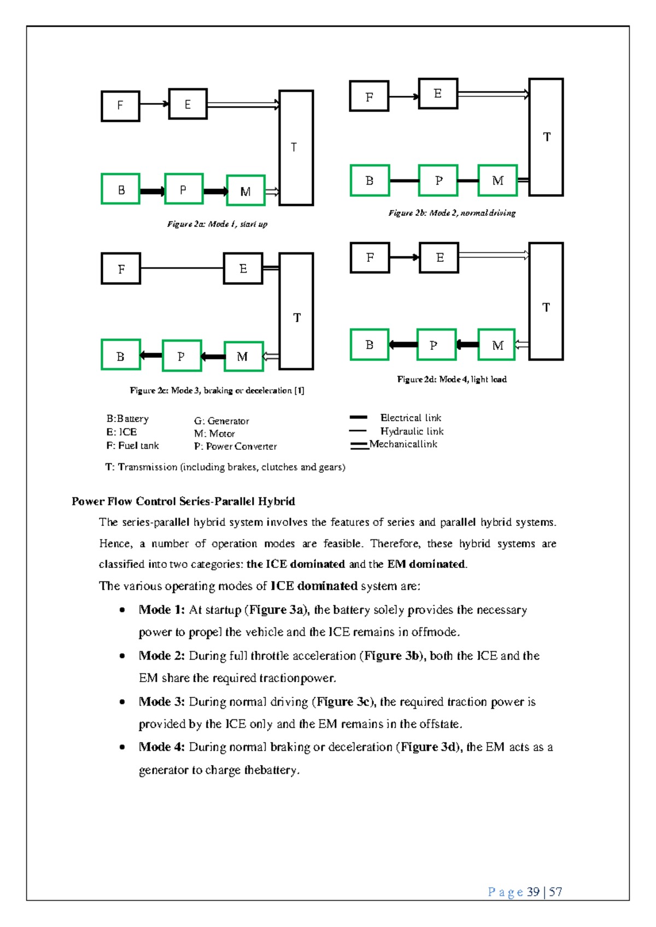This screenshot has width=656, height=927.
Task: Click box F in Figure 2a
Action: (x=120, y=105)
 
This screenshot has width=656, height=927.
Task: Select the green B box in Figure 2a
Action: (x=121, y=189)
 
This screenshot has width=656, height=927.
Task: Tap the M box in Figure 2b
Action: (x=497, y=180)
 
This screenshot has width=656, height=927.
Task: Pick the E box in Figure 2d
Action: (x=439, y=257)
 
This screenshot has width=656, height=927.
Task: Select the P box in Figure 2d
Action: (x=436, y=345)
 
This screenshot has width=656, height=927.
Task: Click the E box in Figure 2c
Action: (x=243, y=268)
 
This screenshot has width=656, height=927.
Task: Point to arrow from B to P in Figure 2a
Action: (x=152, y=191)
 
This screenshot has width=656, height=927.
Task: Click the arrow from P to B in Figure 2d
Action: (x=403, y=344)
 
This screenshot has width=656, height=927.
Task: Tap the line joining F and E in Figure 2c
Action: (x=182, y=268)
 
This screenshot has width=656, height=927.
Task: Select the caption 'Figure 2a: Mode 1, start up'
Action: (x=217, y=224)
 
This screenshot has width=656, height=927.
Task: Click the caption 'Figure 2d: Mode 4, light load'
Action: (x=452, y=379)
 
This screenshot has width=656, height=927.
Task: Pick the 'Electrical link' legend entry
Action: (x=411, y=418)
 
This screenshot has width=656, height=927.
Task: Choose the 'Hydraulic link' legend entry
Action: (x=412, y=431)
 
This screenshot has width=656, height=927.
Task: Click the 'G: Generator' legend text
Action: (x=221, y=421)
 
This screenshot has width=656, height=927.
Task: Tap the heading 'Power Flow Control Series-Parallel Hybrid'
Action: (x=183, y=501)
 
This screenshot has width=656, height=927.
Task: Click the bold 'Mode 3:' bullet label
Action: (x=162, y=701)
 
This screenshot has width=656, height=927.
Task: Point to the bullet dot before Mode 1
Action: (x=122, y=610)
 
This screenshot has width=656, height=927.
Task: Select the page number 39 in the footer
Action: (x=533, y=892)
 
